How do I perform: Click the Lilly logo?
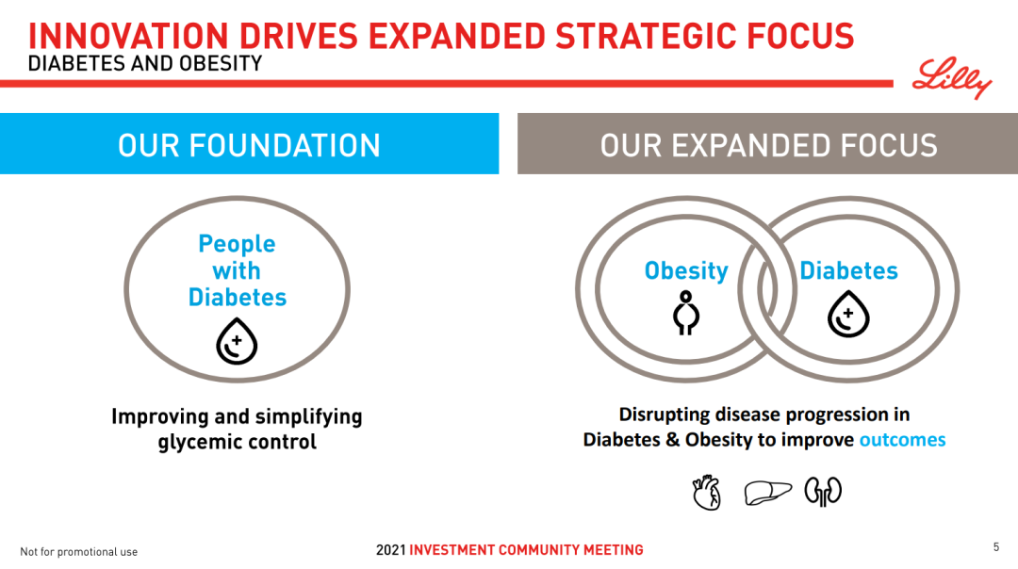952,78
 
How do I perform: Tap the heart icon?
706,492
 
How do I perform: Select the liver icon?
767,493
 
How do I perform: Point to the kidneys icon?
823,491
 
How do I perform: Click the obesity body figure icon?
685,313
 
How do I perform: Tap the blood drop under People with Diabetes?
237,341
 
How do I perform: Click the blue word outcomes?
902,440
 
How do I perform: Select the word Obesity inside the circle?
686,270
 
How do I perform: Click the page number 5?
996,547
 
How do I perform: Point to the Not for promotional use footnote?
78,552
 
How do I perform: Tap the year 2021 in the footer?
390,550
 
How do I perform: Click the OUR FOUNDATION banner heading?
249,145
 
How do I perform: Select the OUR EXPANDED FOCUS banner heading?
769,145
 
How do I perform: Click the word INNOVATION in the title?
128,36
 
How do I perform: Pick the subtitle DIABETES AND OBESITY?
145,63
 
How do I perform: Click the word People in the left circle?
237,244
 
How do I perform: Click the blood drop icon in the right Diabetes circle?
848,314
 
